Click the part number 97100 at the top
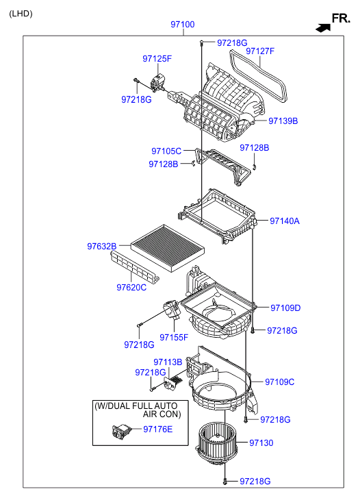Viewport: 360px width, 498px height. [183, 25]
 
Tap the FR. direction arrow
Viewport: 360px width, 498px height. [323, 27]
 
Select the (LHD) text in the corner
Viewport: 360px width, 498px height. [21, 14]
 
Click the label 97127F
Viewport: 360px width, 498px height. [260, 51]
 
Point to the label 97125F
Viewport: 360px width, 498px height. [157, 59]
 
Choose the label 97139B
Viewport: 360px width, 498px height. [283, 121]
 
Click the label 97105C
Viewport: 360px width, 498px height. [166, 151]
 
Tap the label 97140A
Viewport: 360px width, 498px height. [285, 221]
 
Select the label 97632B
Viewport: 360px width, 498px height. [102, 246]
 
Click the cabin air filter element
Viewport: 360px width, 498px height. [168, 248]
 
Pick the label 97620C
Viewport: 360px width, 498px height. [131, 288]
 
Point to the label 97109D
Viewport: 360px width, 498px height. [285, 308]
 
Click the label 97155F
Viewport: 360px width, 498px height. [174, 337]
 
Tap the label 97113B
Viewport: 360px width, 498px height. [168, 362]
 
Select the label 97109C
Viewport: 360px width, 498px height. [280, 382]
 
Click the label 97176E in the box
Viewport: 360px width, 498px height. [158, 429]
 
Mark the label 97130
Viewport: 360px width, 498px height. [261, 443]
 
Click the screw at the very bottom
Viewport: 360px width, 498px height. [224, 482]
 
